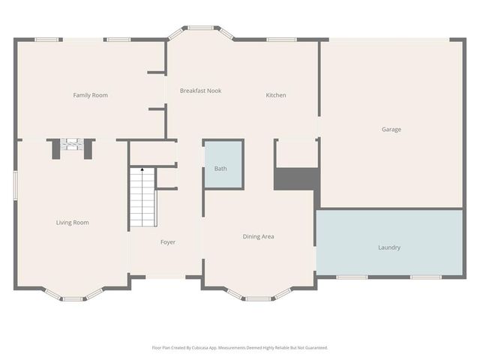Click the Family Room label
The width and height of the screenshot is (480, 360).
pyautogui.click(x=90, y=95)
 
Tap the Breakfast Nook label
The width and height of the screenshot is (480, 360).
pyautogui.click(x=200, y=91)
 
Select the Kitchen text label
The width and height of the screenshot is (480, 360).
pyautogui.click(x=276, y=95)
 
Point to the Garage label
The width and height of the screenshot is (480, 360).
pyautogui.click(x=391, y=130)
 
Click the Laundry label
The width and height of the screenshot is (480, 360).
pyautogui.click(x=389, y=247)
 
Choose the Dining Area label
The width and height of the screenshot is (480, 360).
pyautogui.click(x=258, y=237)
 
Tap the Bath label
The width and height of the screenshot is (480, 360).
pyautogui.click(x=220, y=169)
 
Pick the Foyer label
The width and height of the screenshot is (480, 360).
pyautogui.click(x=168, y=242)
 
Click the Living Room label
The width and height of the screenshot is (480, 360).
pyautogui.click(x=73, y=223)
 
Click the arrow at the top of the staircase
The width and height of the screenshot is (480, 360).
pyautogui.click(x=142, y=172)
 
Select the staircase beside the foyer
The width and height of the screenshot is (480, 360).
pyautogui.click(x=142, y=199)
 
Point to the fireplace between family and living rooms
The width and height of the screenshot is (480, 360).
pyautogui.click(x=73, y=145)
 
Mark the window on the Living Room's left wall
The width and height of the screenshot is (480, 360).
pyautogui.click(x=16, y=185)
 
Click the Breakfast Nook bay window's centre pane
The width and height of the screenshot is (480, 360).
pyautogui.click(x=200, y=28)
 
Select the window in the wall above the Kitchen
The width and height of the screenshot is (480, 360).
pyautogui.click(x=281, y=39)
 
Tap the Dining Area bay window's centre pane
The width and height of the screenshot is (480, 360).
pyautogui.click(x=257, y=299)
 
